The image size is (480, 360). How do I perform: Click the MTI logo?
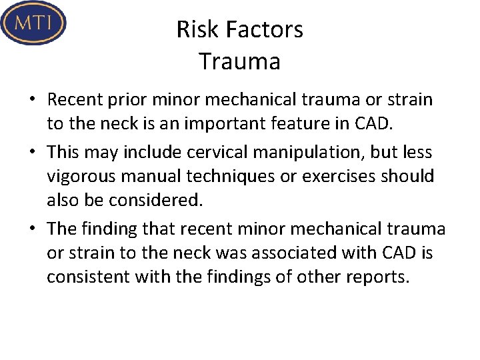[x=34, y=23]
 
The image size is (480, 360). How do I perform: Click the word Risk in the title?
[x=193, y=29]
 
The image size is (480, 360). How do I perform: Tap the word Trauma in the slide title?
[x=239, y=61]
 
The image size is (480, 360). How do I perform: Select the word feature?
[x=304, y=125]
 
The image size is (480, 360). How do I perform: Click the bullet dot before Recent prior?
[x=32, y=101]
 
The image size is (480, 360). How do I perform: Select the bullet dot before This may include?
[x=32, y=153]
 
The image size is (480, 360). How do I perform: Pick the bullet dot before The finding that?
[x=32, y=229]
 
